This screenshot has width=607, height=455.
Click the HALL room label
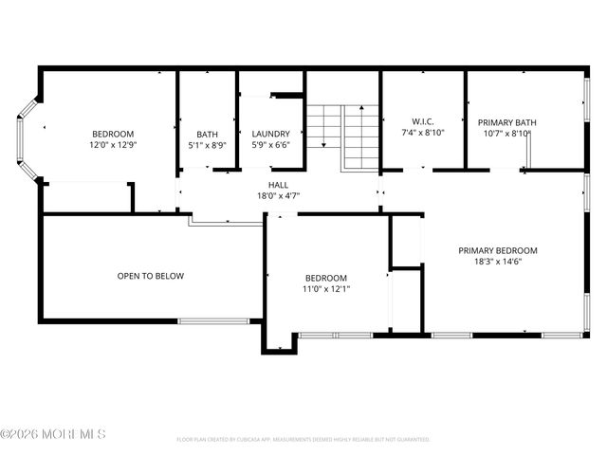(x=278, y=185)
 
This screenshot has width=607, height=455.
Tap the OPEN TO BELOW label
(x=150, y=276)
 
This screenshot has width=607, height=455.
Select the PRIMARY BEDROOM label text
(x=497, y=251)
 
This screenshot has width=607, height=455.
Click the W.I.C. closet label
(x=422, y=121)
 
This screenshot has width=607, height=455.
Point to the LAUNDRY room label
(x=270, y=134)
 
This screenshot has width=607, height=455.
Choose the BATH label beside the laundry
(x=207, y=134)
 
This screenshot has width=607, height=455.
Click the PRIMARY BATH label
(x=506, y=121)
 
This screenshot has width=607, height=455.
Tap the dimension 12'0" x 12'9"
(x=113, y=145)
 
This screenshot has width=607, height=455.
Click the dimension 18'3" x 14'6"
(x=497, y=262)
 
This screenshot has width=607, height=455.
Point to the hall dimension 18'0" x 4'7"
(x=278, y=195)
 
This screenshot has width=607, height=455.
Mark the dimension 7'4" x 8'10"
(x=422, y=133)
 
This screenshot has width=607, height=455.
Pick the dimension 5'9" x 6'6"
(x=270, y=145)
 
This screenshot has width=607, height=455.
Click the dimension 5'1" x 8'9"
(x=207, y=145)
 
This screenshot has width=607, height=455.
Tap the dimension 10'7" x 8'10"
(x=506, y=133)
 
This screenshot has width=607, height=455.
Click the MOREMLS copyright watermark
(x=53, y=434)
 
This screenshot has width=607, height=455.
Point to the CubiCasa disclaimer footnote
(x=303, y=440)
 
